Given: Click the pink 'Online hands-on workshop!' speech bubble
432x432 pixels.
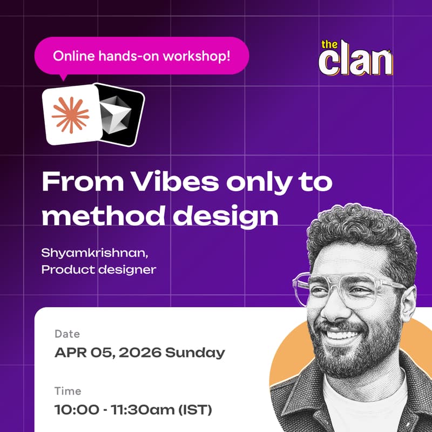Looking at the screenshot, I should click(x=141, y=56).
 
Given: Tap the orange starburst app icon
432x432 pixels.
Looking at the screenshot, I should click(x=71, y=115).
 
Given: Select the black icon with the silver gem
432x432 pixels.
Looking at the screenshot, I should click(x=120, y=115).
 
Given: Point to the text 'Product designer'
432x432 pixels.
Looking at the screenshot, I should click(x=98, y=269).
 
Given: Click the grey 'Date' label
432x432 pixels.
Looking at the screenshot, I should click(x=67, y=335).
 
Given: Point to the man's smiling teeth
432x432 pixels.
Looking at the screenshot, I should click(x=341, y=335).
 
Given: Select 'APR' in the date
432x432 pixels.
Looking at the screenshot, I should click(x=69, y=354).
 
